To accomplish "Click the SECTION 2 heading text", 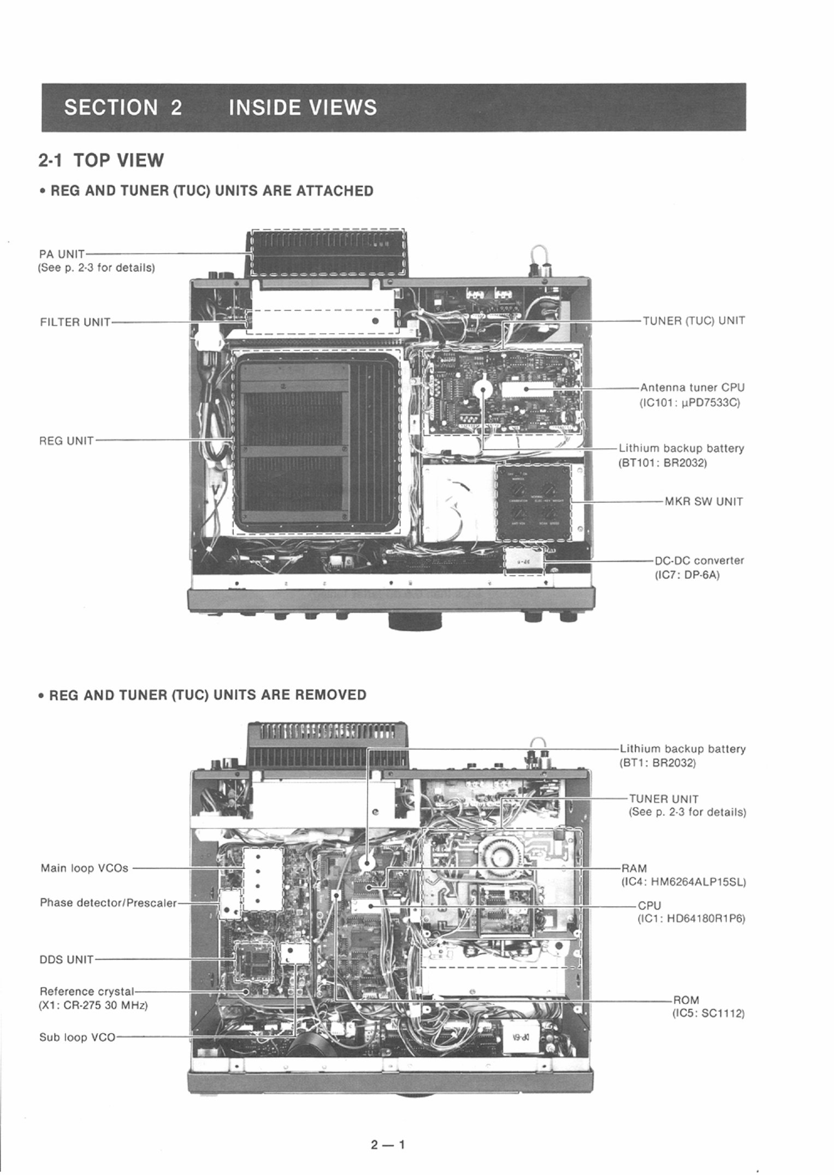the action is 123,107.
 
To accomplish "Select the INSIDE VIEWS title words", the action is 303,107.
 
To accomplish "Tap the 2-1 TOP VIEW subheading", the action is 101,161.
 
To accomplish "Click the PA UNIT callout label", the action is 62,254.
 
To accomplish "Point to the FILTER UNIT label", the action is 75,322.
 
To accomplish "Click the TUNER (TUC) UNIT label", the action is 694,321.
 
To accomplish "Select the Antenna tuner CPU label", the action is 692,388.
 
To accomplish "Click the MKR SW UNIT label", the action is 703,501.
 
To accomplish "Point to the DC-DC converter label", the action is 699,560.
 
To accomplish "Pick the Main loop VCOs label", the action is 85,868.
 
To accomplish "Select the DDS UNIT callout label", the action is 66,959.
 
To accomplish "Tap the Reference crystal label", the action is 87,991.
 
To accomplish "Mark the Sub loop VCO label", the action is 77,1037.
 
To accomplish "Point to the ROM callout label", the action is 686,1000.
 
